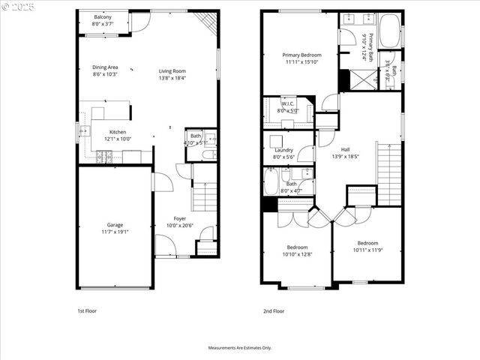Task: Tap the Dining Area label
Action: (x=105, y=67)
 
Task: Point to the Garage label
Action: (x=115, y=224)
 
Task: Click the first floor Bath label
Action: (x=193, y=136)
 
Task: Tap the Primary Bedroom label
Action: (x=301, y=55)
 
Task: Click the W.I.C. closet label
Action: (x=287, y=104)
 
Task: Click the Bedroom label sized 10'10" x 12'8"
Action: (x=298, y=247)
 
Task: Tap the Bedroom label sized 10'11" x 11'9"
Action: (x=367, y=242)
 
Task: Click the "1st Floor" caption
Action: (x=87, y=310)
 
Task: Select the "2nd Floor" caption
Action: (x=273, y=310)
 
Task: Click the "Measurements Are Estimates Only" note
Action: (x=240, y=348)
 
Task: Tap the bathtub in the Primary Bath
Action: (x=389, y=31)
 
